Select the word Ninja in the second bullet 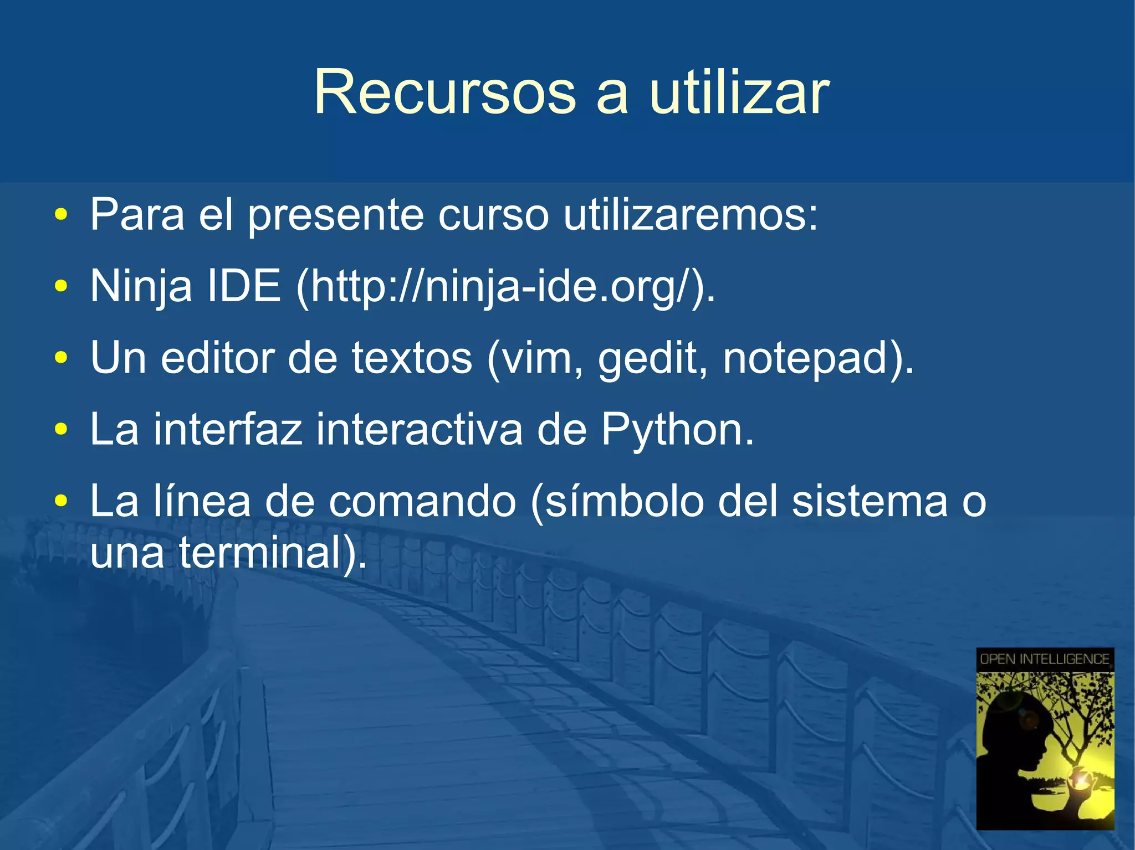tap(141, 286)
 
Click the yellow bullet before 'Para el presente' tap(61, 215)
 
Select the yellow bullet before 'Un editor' tap(61, 358)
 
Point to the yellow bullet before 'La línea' tap(61, 501)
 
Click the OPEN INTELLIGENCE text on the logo tap(1045, 659)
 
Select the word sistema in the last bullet tap(870, 501)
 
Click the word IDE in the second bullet tap(243, 286)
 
